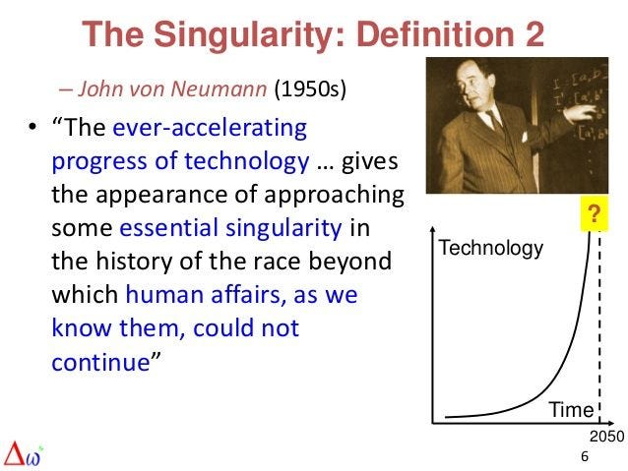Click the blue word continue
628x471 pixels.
point(97,361)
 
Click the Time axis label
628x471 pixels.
point(570,410)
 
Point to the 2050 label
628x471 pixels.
point(606,435)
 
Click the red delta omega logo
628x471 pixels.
point(26,452)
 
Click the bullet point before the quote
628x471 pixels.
point(31,130)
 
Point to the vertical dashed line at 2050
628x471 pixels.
point(598,324)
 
